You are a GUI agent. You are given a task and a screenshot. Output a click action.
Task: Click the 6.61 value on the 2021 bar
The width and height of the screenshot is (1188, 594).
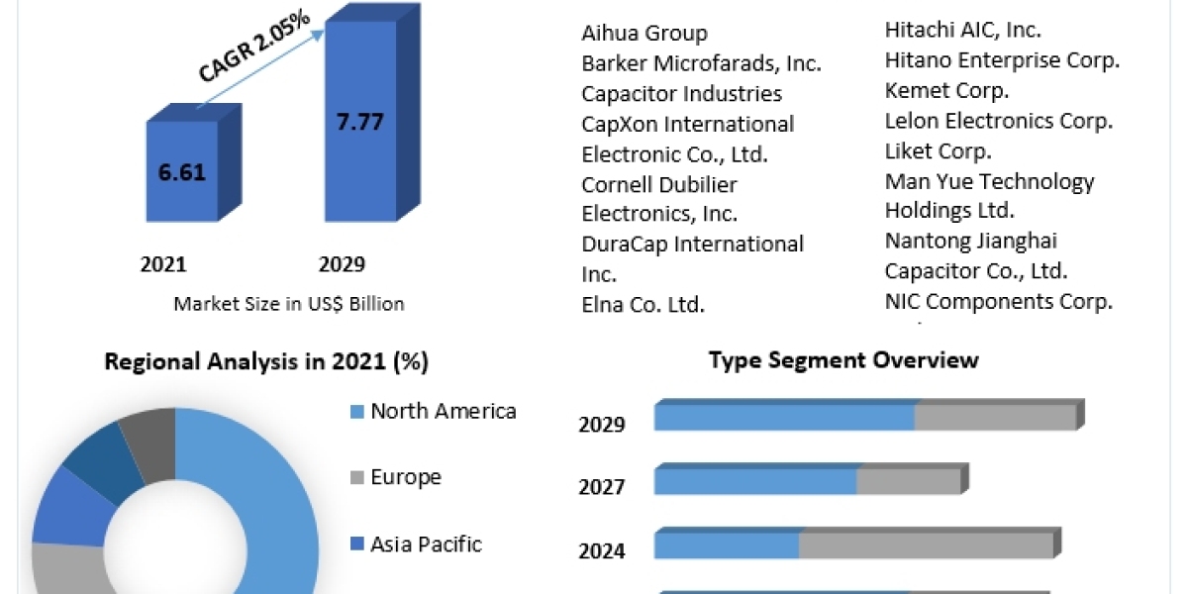click(x=182, y=172)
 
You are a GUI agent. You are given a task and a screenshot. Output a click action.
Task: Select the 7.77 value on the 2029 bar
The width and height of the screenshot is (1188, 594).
click(x=358, y=123)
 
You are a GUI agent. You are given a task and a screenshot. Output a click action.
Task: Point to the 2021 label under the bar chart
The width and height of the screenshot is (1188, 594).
click(x=163, y=264)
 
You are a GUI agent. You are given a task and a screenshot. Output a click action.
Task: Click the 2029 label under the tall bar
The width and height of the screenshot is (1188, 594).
click(x=342, y=264)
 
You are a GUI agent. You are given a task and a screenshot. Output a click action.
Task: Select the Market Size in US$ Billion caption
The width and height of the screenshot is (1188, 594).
click(x=289, y=304)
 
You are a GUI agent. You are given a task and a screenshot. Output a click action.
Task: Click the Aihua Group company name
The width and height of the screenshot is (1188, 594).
click(x=644, y=33)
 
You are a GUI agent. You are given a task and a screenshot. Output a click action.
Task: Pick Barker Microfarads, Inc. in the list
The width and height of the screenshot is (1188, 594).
click(x=701, y=63)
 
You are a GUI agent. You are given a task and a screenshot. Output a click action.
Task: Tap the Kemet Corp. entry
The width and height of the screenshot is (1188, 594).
click(x=946, y=90)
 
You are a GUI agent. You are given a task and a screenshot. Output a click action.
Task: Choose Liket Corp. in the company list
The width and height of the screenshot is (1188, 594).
click(x=938, y=151)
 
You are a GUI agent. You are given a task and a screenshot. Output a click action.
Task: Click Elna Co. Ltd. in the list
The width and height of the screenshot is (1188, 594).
click(x=643, y=304)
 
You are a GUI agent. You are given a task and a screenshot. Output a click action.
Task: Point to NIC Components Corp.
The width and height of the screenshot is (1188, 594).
click(x=998, y=301)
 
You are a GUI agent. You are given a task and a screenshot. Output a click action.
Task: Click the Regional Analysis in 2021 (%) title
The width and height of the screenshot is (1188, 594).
click(x=266, y=362)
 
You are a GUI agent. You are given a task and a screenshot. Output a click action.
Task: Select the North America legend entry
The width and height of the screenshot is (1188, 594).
click(x=443, y=411)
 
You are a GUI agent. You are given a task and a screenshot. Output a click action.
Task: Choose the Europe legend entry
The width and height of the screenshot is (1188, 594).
click(x=405, y=477)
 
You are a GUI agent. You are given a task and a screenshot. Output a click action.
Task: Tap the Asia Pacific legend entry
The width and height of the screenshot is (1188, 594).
click(x=426, y=544)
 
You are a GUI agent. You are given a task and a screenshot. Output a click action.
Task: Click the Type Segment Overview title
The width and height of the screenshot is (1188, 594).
click(x=843, y=359)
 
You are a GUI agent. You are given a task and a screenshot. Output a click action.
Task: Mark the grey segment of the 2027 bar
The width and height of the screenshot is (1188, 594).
click(x=908, y=481)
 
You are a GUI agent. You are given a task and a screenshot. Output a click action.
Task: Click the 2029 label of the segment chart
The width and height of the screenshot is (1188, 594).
click(x=602, y=425)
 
